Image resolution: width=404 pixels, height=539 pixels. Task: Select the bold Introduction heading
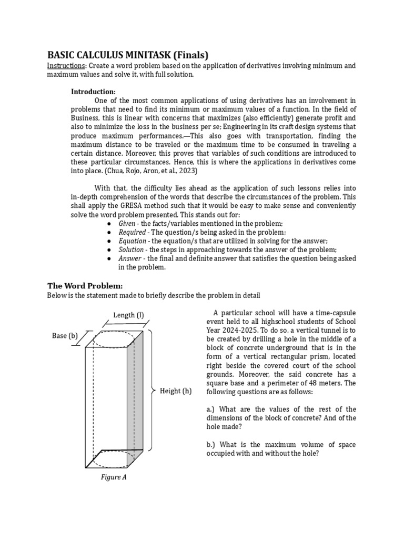(x=93, y=92)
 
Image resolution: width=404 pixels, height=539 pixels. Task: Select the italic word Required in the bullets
(x=133, y=232)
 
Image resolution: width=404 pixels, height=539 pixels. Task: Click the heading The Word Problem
(x=85, y=286)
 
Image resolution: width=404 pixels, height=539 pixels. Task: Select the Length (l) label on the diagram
(x=128, y=315)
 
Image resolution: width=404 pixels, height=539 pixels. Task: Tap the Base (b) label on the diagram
(x=65, y=336)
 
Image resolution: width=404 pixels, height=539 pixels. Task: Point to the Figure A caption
(x=114, y=477)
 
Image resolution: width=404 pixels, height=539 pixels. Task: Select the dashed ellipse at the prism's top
(x=114, y=340)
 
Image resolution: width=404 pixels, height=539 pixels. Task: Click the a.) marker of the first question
(x=212, y=409)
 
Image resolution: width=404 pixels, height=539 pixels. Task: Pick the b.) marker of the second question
(x=212, y=445)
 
